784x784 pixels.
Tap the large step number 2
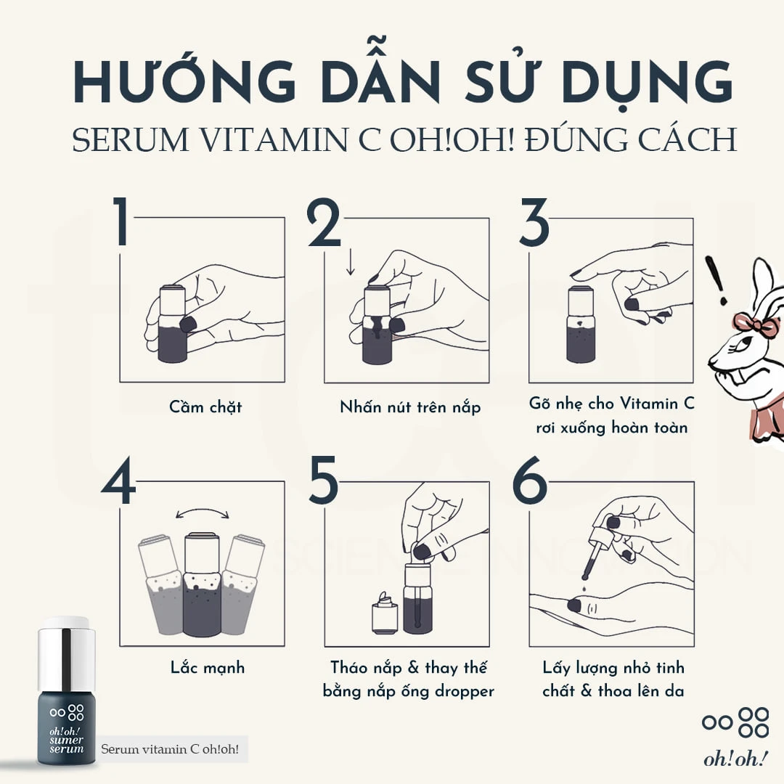pos(324,222)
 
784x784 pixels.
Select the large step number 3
pos(534,222)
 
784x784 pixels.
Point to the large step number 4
pos(118,481)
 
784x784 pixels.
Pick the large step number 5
pos(323,481)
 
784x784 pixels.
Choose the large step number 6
pos(529,481)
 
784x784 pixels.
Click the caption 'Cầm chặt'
pos(205,407)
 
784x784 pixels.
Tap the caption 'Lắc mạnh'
pos(208,668)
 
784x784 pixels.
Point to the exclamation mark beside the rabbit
pos(716,281)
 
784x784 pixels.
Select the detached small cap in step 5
pos(385,613)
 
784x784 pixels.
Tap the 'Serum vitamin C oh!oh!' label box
pos(170,749)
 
